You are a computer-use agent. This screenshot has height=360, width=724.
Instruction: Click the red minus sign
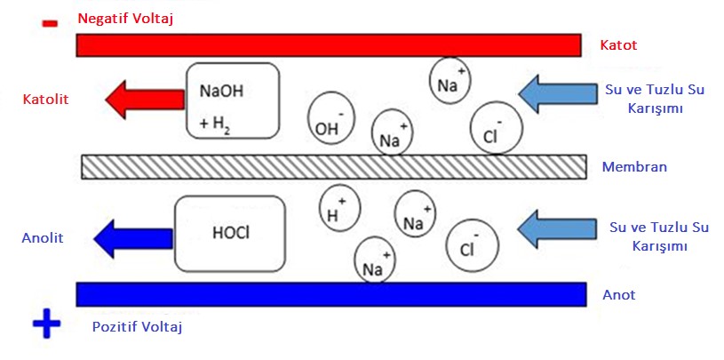50,23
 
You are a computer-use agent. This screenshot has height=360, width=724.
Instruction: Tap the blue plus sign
46,325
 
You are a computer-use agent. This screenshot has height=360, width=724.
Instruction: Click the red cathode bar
329,45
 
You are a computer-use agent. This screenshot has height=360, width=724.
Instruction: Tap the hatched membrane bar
333,166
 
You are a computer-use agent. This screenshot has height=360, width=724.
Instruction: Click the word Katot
618,44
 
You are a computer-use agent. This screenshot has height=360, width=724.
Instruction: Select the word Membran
634,166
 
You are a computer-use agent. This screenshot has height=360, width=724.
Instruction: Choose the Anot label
618,294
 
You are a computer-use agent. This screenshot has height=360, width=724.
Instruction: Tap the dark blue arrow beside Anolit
131,236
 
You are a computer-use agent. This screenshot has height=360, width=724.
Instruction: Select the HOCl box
230,234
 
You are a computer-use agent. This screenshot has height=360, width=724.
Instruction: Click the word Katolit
45,98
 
